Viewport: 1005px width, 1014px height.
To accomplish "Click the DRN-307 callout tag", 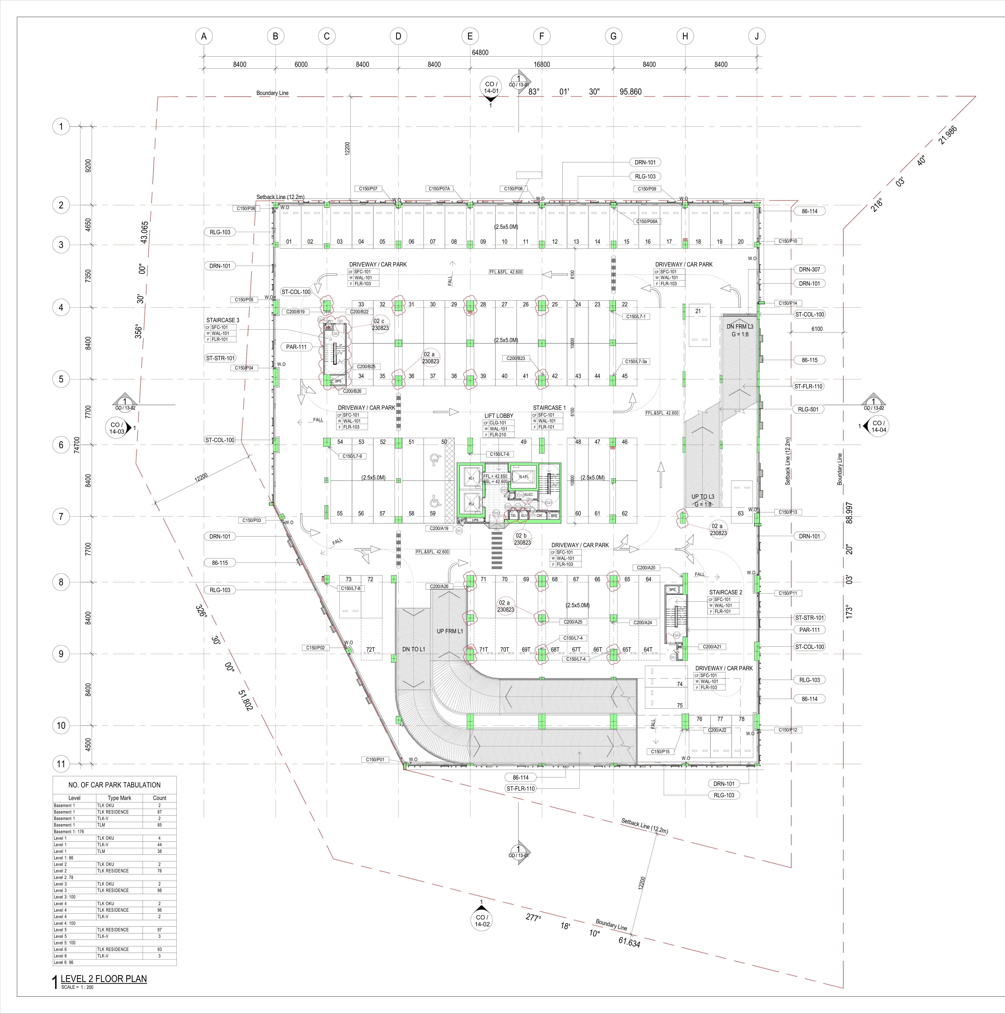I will pyautogui.click(x=809, y=269).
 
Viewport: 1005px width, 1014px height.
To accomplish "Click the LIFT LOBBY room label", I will pyautogui.click(x=499, y=416).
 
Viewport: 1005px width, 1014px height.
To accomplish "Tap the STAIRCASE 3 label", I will pyautogui.click(x=222, y=320).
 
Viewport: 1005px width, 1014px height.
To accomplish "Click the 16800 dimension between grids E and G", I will pyautogui.click(x=542, y=65).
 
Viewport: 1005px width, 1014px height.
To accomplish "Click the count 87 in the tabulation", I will pyautogui.click(x=160, y=812).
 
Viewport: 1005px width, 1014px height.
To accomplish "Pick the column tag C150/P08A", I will pyautogui.click(x=647, y=222).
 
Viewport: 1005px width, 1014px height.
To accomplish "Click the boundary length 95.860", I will pyautogui.click(x=630, y=92).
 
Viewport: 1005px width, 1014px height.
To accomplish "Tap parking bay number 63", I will pyautogui.click(x=741, y=513).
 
